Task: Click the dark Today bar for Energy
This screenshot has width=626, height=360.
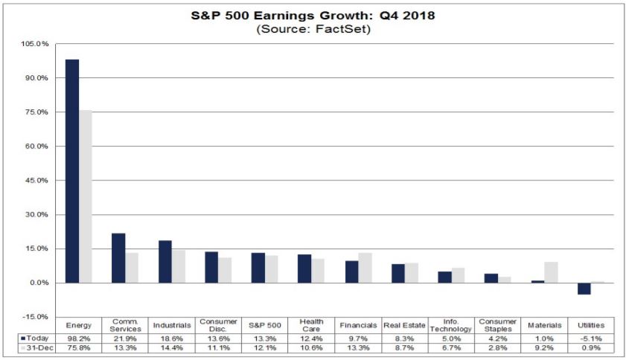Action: (x=72, y=171)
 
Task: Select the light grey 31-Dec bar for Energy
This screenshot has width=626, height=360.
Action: (x=86, y=196)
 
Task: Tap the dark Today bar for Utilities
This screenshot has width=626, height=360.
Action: (x=584, y=289)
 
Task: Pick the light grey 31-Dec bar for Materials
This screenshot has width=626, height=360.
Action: (x=551, y=272)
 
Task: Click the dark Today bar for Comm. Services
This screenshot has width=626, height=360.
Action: (x=118, y=258)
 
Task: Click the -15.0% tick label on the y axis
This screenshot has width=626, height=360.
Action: (x=36, y=317)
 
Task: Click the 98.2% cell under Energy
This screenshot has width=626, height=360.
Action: (x=79, y=338)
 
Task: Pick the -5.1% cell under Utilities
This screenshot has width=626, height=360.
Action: (x=592, y=338)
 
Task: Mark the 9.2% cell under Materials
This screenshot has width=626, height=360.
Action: (x=546, y=348)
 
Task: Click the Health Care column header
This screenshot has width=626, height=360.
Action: (x=313, y=326)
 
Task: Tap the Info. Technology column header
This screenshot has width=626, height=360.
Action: (x=453, y=326)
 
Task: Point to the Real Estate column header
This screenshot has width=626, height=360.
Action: (x=405, y=326)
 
